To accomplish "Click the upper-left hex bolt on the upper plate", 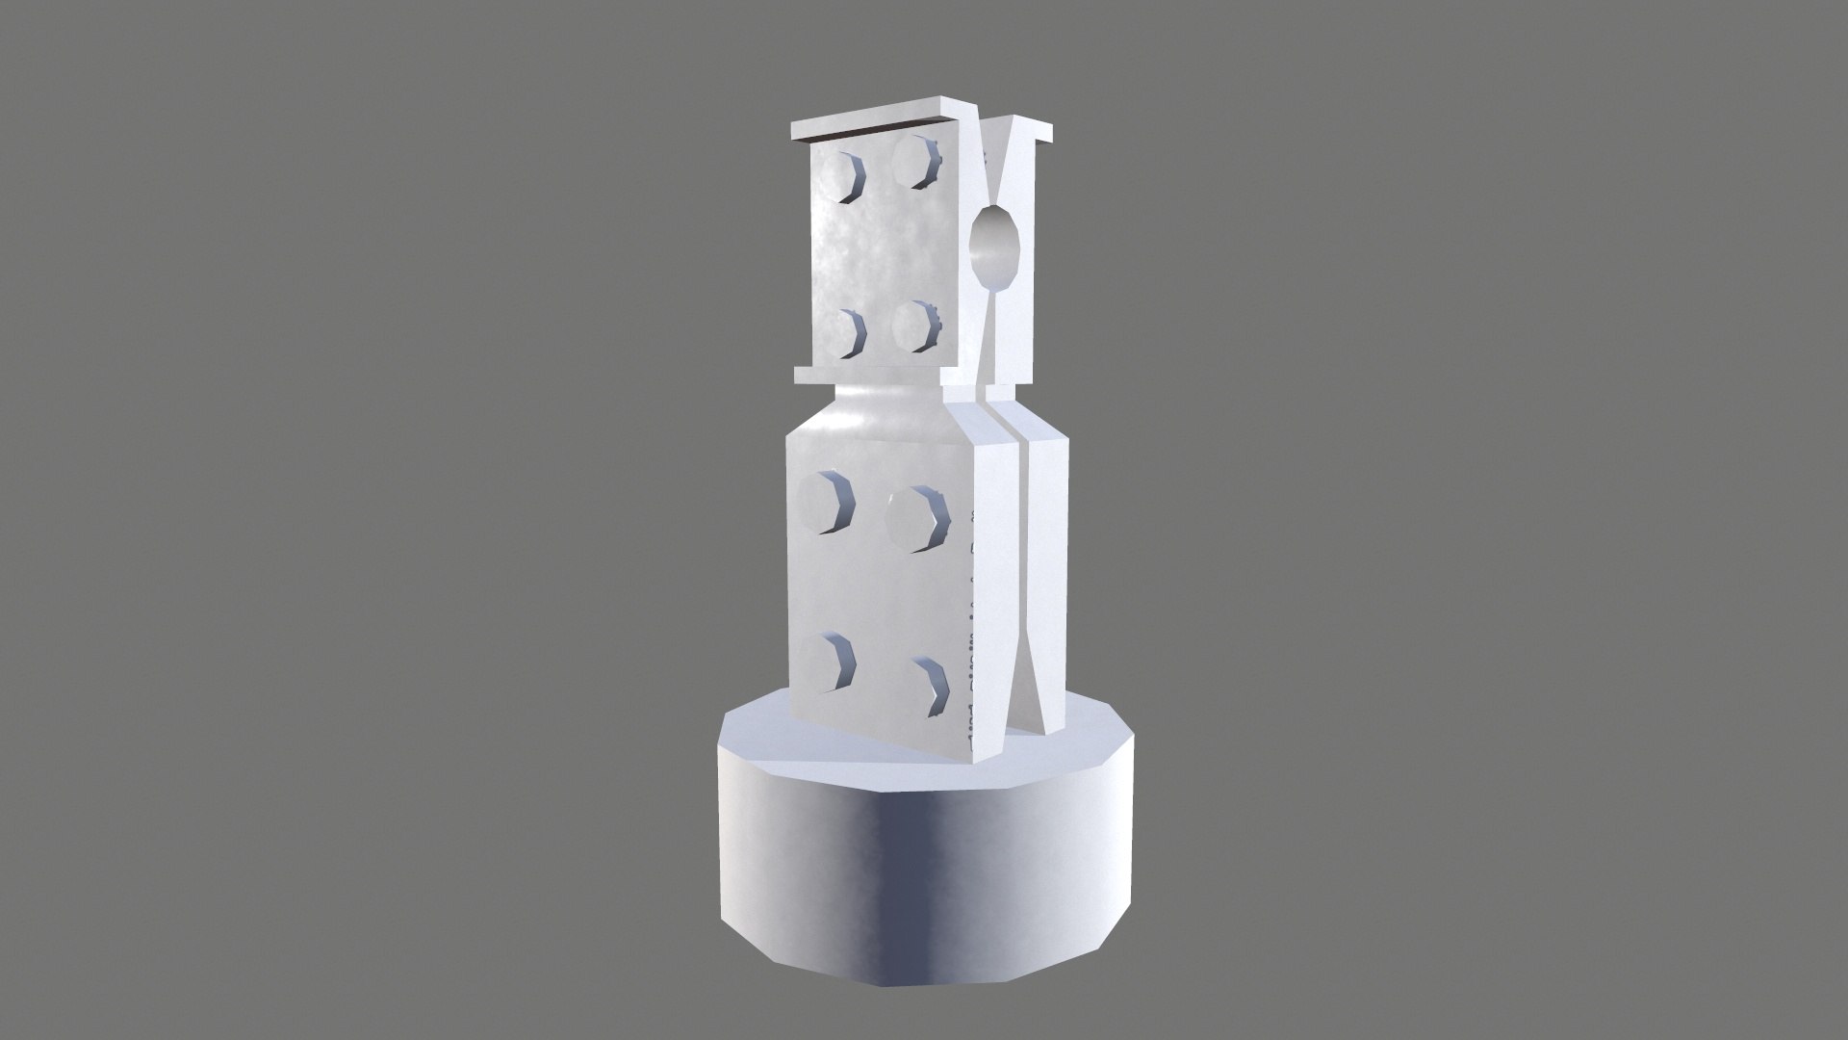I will coord(173,176).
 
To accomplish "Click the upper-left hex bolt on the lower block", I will coord(826,502).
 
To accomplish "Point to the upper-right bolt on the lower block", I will coord(917,519).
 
